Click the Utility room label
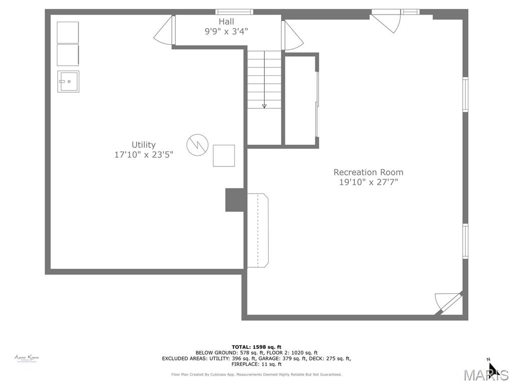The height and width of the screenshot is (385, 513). [143, 144]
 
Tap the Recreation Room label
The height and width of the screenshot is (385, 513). [368, 172]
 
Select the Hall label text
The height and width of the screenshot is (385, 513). [226, 22]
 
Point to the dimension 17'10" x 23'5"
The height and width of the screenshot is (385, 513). [143, 155]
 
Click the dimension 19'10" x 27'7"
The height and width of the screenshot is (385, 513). [368, 182]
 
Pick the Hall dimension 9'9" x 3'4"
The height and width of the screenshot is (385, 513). [226, 31]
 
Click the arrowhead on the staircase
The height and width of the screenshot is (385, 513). [264, 106]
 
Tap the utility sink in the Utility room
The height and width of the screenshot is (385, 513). [68, 81]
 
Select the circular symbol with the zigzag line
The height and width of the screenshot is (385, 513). [197, 144]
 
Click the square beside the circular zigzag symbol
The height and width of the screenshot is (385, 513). [223, 155]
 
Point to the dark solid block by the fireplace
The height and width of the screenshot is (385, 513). [234, 200]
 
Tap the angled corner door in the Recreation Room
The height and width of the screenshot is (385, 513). [448, 303]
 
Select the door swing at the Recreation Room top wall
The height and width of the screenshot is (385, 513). [386, 23]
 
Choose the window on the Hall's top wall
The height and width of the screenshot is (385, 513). [234, 12]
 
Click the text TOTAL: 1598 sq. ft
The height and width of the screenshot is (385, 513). [256, 347]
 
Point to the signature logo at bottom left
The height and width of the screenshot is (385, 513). [27, 358]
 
